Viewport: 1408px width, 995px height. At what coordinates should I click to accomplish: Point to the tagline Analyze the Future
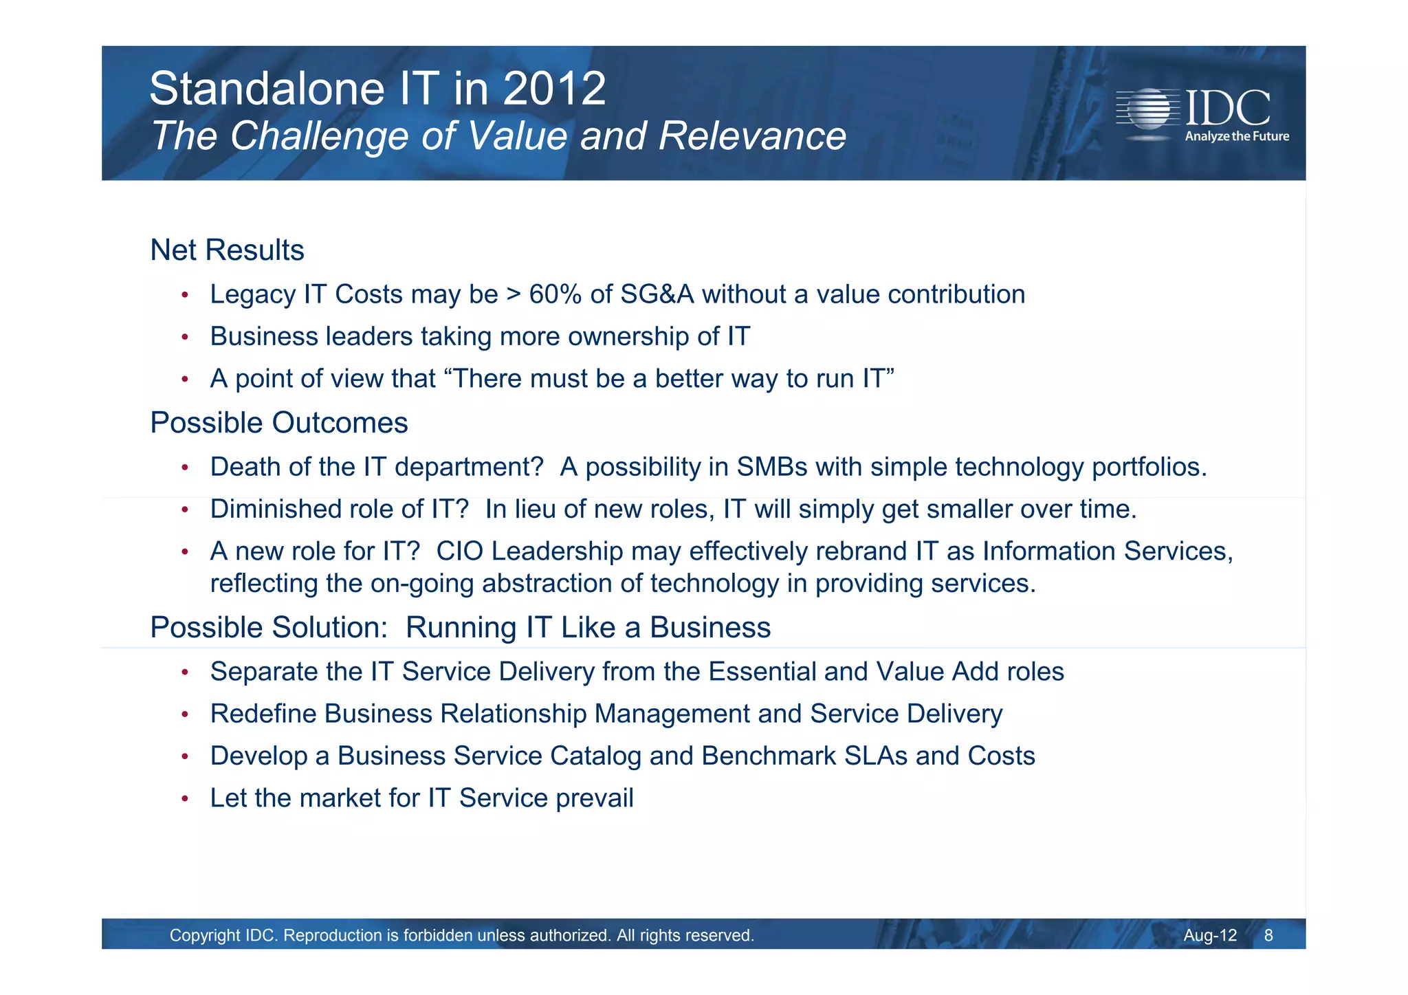(1236, 137)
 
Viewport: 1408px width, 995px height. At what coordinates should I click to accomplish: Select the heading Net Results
(227, 250)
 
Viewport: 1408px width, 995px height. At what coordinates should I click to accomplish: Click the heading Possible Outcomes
(278, 423)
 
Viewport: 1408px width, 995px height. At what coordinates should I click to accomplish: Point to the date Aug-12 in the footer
(1209, 936)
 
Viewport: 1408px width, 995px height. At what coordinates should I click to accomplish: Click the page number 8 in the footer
(1268, 936)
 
